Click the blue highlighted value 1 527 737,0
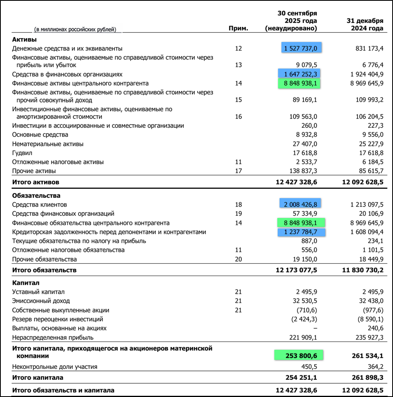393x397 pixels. click(x=301, y=48)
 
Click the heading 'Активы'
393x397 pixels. click(x=25, y=39)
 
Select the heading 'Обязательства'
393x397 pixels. click(x=36, y=196)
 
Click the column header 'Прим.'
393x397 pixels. click(x=238, y=29)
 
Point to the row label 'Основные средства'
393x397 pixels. click(x=40, y=135)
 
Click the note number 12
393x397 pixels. click(x=239, y=49)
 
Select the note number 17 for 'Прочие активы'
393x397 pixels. click(x=239, y=171)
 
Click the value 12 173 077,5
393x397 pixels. click(x=291, y=270)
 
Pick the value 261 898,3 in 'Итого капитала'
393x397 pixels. click(x=366, y=378)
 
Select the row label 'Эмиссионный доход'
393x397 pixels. click(x=41, y=301)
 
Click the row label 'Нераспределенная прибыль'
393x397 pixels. click(x=53, y=338)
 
